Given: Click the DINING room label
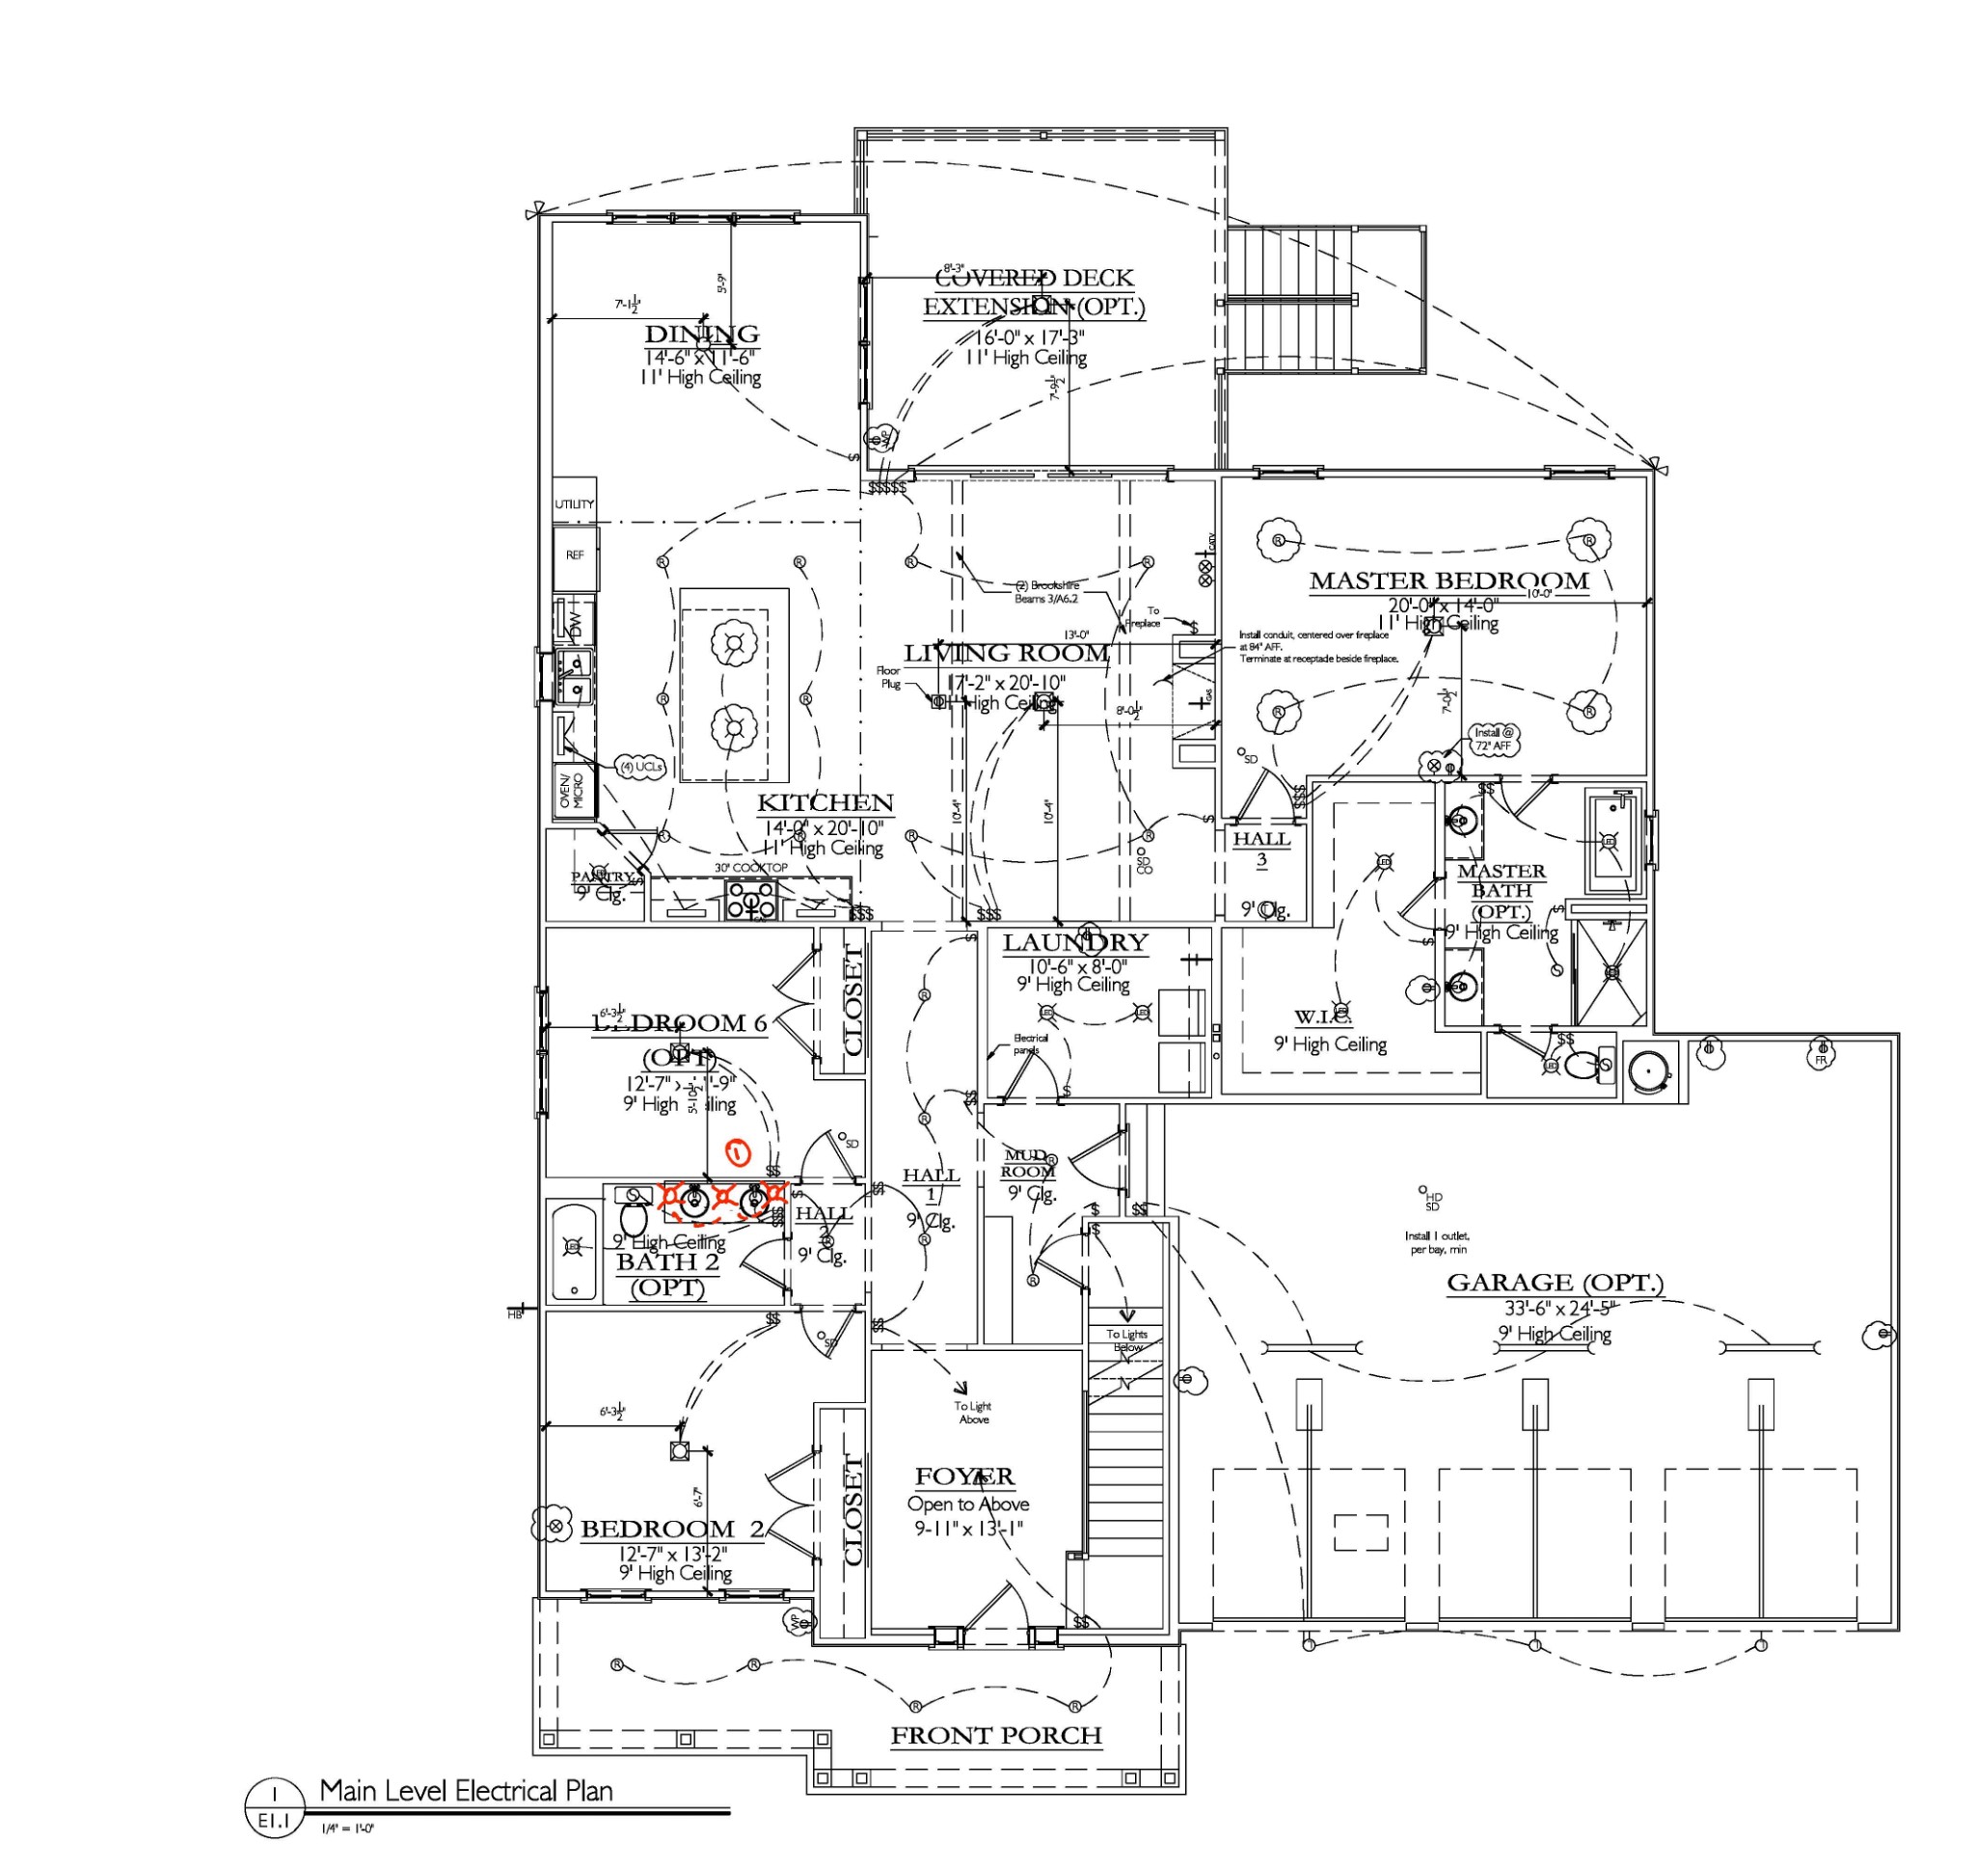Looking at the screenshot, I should [x=701, y=335].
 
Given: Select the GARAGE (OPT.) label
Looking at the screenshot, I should [x=1555, y=1283].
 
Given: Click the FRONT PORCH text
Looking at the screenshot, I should [x=996, y=1736].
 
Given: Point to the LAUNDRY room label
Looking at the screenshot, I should [x=1074, y=942].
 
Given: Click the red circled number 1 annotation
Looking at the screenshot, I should [x=738, y=1153].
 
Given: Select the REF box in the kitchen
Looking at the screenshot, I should [x=575, y=555].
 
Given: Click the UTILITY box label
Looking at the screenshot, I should [x=574, y=504].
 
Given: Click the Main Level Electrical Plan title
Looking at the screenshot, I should [x=466, y=1792].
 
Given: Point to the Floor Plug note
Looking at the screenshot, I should [x=888, y=677].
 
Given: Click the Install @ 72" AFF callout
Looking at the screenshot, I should [x=1493, y=739].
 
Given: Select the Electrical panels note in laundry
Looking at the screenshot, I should [x=1029, y=1043].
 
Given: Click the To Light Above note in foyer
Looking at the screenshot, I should [x=972, y=1412].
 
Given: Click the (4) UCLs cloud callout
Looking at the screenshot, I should [x=640, y=768].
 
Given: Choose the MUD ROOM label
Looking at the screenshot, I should [x=1027, y=1163].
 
